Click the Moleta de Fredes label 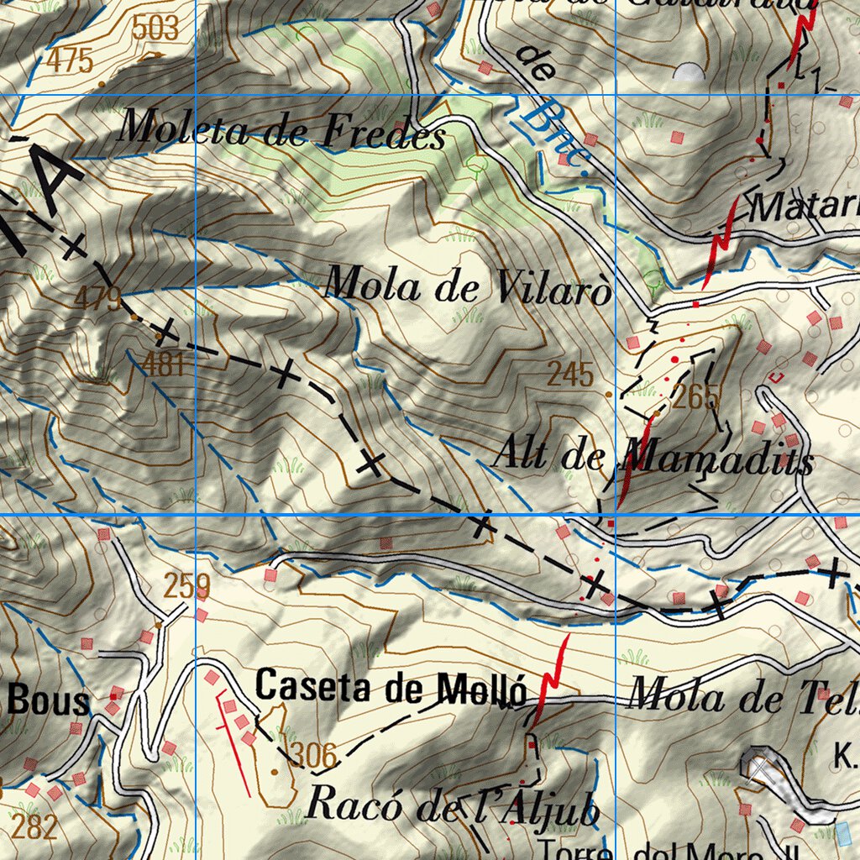click(281, 131)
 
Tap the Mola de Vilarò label click(467, 286)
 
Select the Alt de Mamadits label click(652, 458)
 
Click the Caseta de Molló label click(391, 688)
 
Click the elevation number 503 click(155, 29)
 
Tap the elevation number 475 click(70, 60)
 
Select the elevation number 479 click(98, 297)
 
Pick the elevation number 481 click(163, 364)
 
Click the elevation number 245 click(570, 375)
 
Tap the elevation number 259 click(186, 586)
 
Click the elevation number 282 click(35, 826)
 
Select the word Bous click(48, 701)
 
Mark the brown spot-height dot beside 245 click(609, 393)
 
